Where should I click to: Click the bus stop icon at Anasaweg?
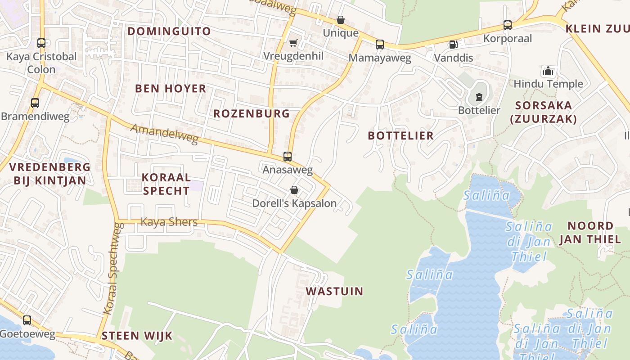288,157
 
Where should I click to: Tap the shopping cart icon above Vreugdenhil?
293,43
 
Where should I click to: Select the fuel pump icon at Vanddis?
453,45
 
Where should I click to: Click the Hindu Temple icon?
548,71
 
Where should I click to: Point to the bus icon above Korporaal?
508,25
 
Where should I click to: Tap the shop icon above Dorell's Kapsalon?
294,190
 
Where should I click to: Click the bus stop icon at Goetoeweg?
27,320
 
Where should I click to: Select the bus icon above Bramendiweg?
35,103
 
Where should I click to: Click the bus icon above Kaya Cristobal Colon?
41,43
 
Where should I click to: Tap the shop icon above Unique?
341,20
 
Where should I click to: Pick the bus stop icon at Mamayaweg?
380,45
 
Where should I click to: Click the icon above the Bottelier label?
479,97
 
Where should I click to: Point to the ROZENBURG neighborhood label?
252,113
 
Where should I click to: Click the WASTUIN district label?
334,291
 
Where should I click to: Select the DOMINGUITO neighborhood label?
169,31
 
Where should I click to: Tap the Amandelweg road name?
164,134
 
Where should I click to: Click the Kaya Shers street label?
169,222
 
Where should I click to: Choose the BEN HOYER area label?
171,88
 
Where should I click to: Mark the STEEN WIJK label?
137,336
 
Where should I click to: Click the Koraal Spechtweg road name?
113,274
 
